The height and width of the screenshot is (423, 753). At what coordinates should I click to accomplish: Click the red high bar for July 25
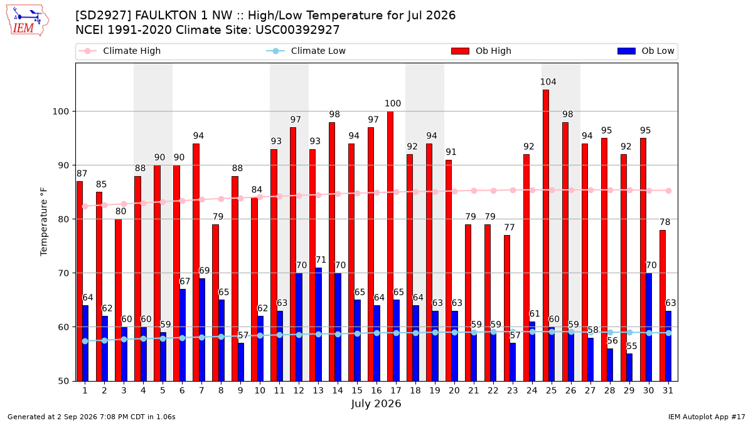(546, 236)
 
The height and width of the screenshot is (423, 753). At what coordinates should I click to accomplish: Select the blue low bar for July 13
(318, 325)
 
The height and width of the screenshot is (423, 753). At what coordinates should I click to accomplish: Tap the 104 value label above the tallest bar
(548, 81)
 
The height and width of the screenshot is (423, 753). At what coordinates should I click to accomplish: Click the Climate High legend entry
(120, 51)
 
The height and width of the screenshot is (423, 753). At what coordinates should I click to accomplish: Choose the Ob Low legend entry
(646, 51)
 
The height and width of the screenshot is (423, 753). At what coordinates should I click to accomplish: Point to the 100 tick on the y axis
(60, 112)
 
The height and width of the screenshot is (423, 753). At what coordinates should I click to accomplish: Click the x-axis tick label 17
(396, 390)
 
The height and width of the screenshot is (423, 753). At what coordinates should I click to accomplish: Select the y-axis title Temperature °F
(44, 222)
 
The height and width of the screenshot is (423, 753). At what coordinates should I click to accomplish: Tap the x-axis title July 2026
(376, 404)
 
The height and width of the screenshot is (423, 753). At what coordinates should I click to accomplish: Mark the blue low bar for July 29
(629, 367)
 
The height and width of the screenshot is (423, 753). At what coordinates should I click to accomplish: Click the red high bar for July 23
(507, 308)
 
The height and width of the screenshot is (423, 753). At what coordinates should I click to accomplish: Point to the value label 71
(321, 260)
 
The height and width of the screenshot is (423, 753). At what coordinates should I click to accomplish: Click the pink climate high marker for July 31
(668, 191)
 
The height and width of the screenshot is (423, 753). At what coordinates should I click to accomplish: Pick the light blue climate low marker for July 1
(85, 341)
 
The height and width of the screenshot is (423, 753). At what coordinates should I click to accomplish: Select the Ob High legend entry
(481, 51)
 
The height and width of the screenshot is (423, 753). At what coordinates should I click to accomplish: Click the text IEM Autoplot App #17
(707, 417)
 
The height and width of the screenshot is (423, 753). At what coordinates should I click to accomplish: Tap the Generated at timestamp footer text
(92, 417)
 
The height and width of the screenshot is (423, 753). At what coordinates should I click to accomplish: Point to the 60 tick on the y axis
(63, 327)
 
